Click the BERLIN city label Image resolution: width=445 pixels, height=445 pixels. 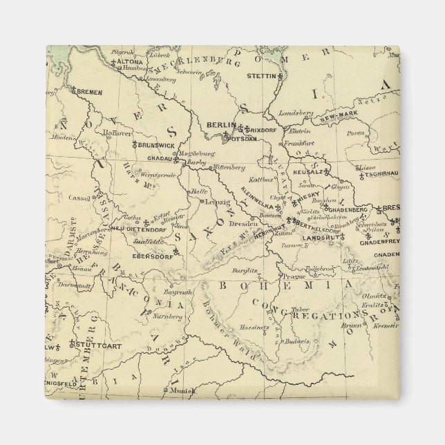click(221, 125)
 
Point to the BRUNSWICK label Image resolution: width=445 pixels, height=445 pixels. click(157, 146)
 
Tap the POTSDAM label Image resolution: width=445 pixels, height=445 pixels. click(242, 139)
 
